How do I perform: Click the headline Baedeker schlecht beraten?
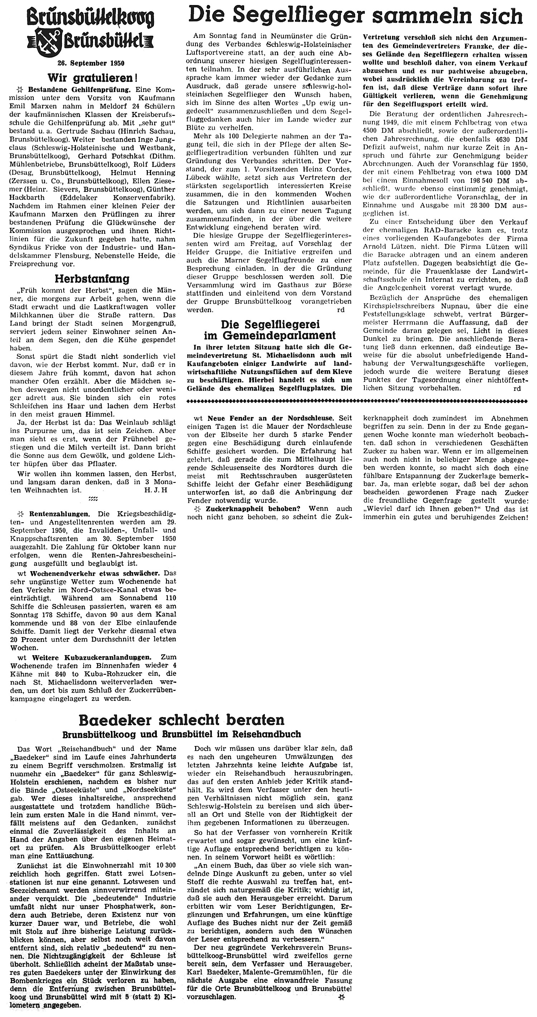[x=182, y=720]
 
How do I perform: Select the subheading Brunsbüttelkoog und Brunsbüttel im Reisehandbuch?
[x=182, y=734]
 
